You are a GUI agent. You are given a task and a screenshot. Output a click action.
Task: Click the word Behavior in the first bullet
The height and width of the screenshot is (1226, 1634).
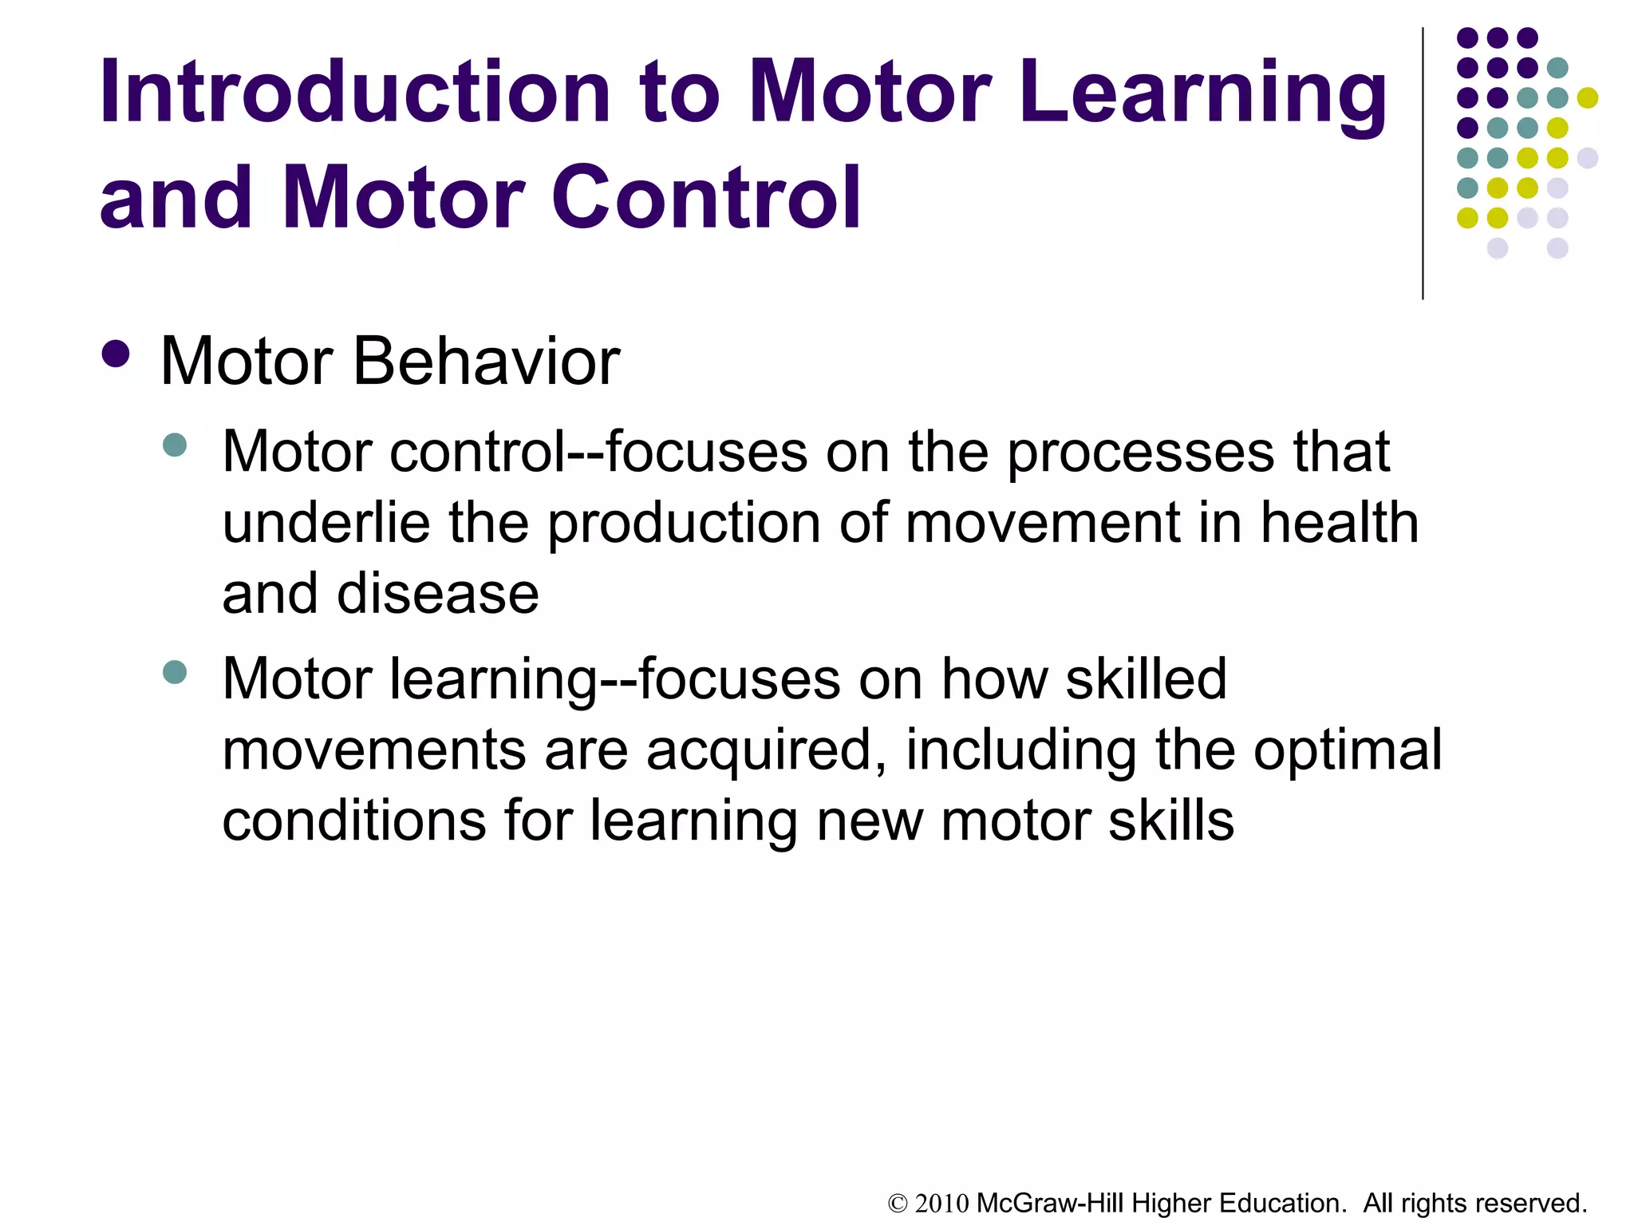click(486, 362)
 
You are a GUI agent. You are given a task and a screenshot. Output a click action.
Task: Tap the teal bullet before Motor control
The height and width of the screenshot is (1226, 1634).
click(174, 445)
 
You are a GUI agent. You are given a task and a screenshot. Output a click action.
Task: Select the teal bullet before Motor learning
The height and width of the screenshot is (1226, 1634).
click(174, 671)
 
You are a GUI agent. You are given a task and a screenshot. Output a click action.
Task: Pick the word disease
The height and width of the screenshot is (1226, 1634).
click(438, 594)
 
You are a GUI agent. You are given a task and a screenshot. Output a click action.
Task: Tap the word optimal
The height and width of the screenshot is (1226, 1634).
click(1348, 750)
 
